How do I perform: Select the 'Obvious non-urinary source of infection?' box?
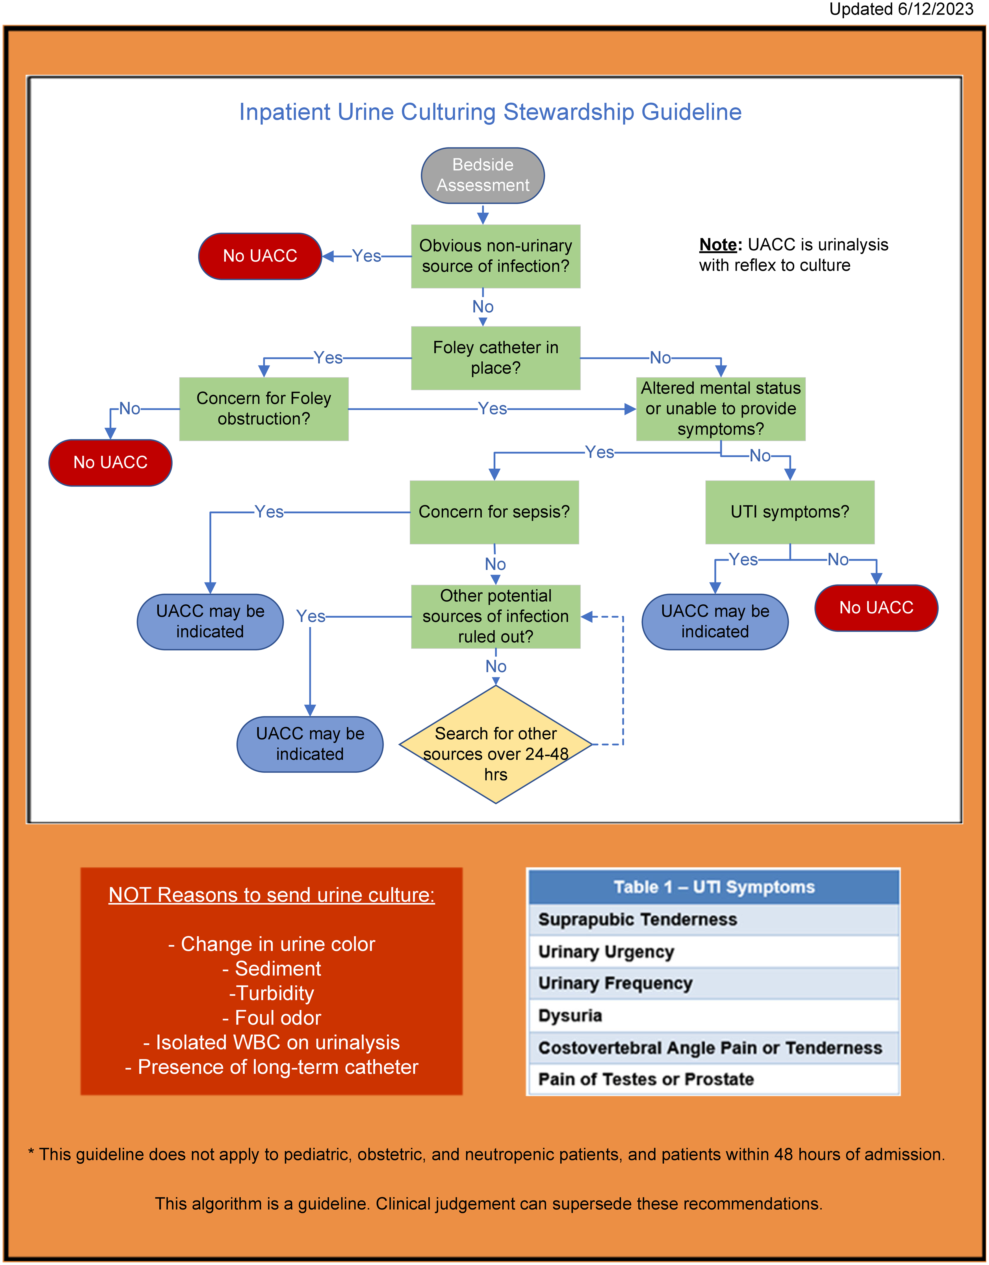point(496,256)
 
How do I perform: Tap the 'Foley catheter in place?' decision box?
point(496,358)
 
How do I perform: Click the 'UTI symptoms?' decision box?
point(790,512)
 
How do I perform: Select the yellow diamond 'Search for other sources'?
point(496,744)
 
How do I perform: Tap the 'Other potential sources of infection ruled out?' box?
point(496,616)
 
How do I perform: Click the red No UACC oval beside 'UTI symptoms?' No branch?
point(876,607)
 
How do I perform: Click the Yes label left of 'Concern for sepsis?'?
point(269,512)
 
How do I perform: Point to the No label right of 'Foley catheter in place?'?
point(660,358)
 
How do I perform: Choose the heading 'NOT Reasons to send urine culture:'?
point(272,895)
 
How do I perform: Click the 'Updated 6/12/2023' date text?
point(902,9)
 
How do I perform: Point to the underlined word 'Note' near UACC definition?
point(718,245)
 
